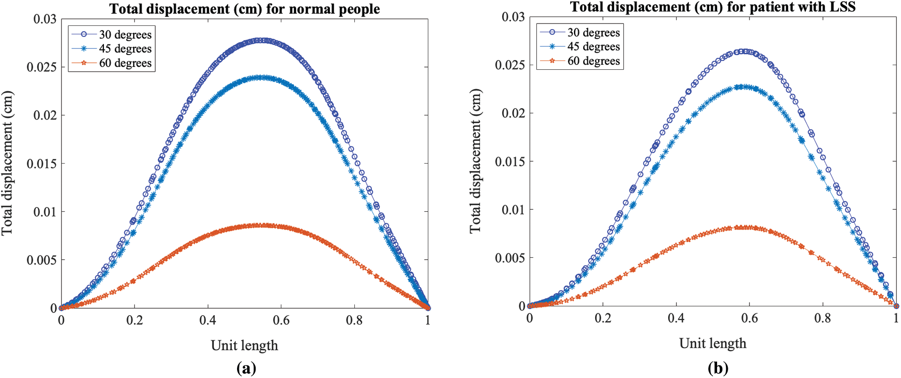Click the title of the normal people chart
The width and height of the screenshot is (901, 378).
coord(244,9)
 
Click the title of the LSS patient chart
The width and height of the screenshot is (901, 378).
coord(712,7)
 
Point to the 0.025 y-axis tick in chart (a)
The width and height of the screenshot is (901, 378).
coord(42,67)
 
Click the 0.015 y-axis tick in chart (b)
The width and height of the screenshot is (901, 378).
coord(510,162)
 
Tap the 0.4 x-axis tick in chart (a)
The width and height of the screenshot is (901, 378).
coord(207,320)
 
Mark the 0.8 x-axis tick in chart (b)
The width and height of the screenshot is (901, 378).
coord(822,318)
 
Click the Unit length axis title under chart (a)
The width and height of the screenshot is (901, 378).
coord(244,346)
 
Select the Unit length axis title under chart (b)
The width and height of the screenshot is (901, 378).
coord(712,343)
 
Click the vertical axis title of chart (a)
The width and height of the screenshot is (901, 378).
coord(7,163)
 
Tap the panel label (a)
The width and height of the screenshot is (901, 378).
coord(246,368)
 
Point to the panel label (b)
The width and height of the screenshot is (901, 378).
coord(718,368)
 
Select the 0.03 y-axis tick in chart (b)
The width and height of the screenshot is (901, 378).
coord(513,17)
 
